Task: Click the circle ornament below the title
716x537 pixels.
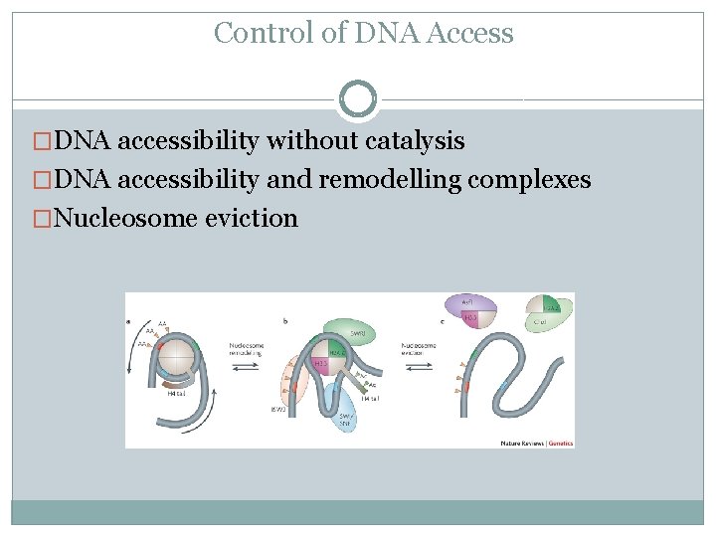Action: pos(358,98)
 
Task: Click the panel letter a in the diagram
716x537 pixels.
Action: pos(129,321)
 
